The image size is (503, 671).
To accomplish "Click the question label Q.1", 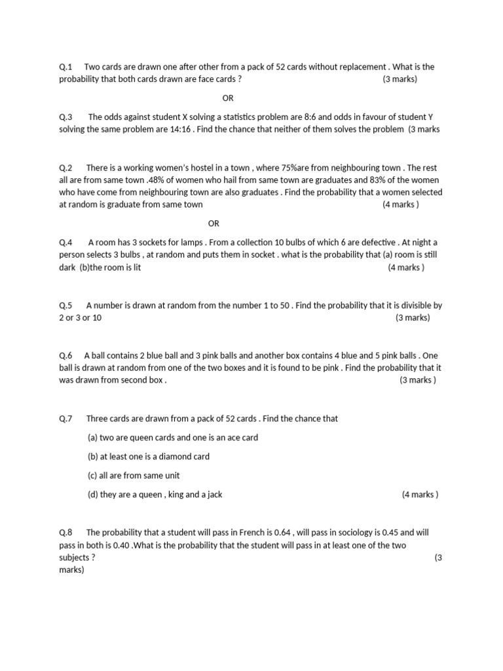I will tap(65, 67).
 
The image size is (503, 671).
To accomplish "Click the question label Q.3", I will tap(65, 117).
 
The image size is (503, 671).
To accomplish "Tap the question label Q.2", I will tap(65, 168).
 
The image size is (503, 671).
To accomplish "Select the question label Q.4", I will tap(65, 242).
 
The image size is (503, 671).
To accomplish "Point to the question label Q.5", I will tap(65, 305).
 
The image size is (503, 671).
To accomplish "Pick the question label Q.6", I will tap(65, 355).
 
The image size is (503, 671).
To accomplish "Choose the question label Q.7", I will tap(65, 418).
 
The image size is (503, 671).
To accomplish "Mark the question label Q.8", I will tap(65, 533).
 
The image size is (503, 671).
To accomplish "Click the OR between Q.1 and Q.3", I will tap(228, 98).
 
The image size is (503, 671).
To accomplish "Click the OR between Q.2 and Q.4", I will tap(214, 223).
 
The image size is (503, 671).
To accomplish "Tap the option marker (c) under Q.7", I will tap(92, 475).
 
